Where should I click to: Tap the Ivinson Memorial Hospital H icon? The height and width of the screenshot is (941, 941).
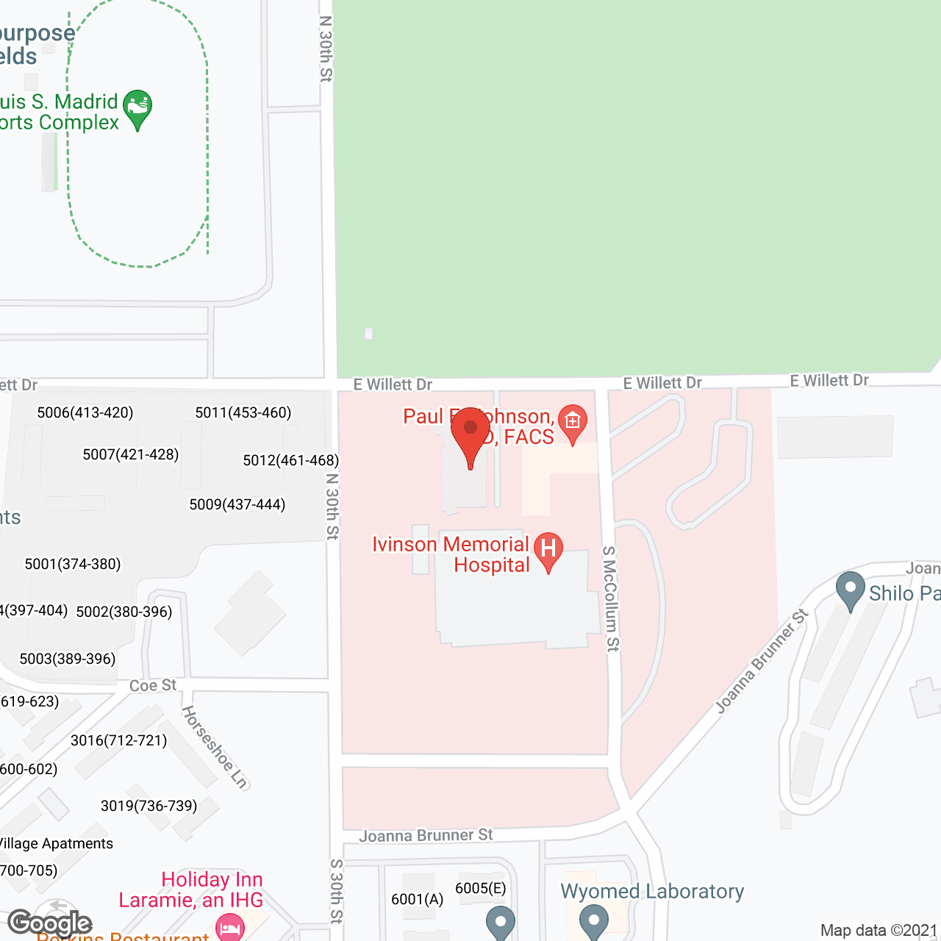[x=548, y=550]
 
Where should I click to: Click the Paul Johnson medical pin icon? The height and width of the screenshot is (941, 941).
[x=572, y=422]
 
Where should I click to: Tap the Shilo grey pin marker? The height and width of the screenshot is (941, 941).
[x=851, y=589]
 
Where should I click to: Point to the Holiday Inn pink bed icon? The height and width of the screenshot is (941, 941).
[x=230, y=927]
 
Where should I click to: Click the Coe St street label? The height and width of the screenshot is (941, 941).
[x=153, y=685]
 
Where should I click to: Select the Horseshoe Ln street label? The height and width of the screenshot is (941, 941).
[x=215, y=747]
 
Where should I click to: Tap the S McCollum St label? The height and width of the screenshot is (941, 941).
[x=611, y=598]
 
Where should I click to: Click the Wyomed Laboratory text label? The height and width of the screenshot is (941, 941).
[x=652, y=891]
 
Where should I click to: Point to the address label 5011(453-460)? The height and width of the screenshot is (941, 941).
[x=243, y=412]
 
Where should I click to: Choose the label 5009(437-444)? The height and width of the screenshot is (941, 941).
[x=237, y=504]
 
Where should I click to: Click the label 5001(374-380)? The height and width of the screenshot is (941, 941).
[x=73, y=564]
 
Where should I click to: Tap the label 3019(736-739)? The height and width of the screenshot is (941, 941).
[x=149, y=806]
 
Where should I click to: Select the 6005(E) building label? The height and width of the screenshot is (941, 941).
[x=481, y=888]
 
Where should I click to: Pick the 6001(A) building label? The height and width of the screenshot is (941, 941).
[x=418, y=899]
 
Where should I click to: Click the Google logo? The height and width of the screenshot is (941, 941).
[x=50, y=923]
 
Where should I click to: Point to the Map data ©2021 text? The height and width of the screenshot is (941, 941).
[x=879, y=930]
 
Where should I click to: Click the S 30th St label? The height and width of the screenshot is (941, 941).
[x=337, y=890]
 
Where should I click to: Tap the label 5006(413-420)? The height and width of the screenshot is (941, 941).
[x=85, y=412]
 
